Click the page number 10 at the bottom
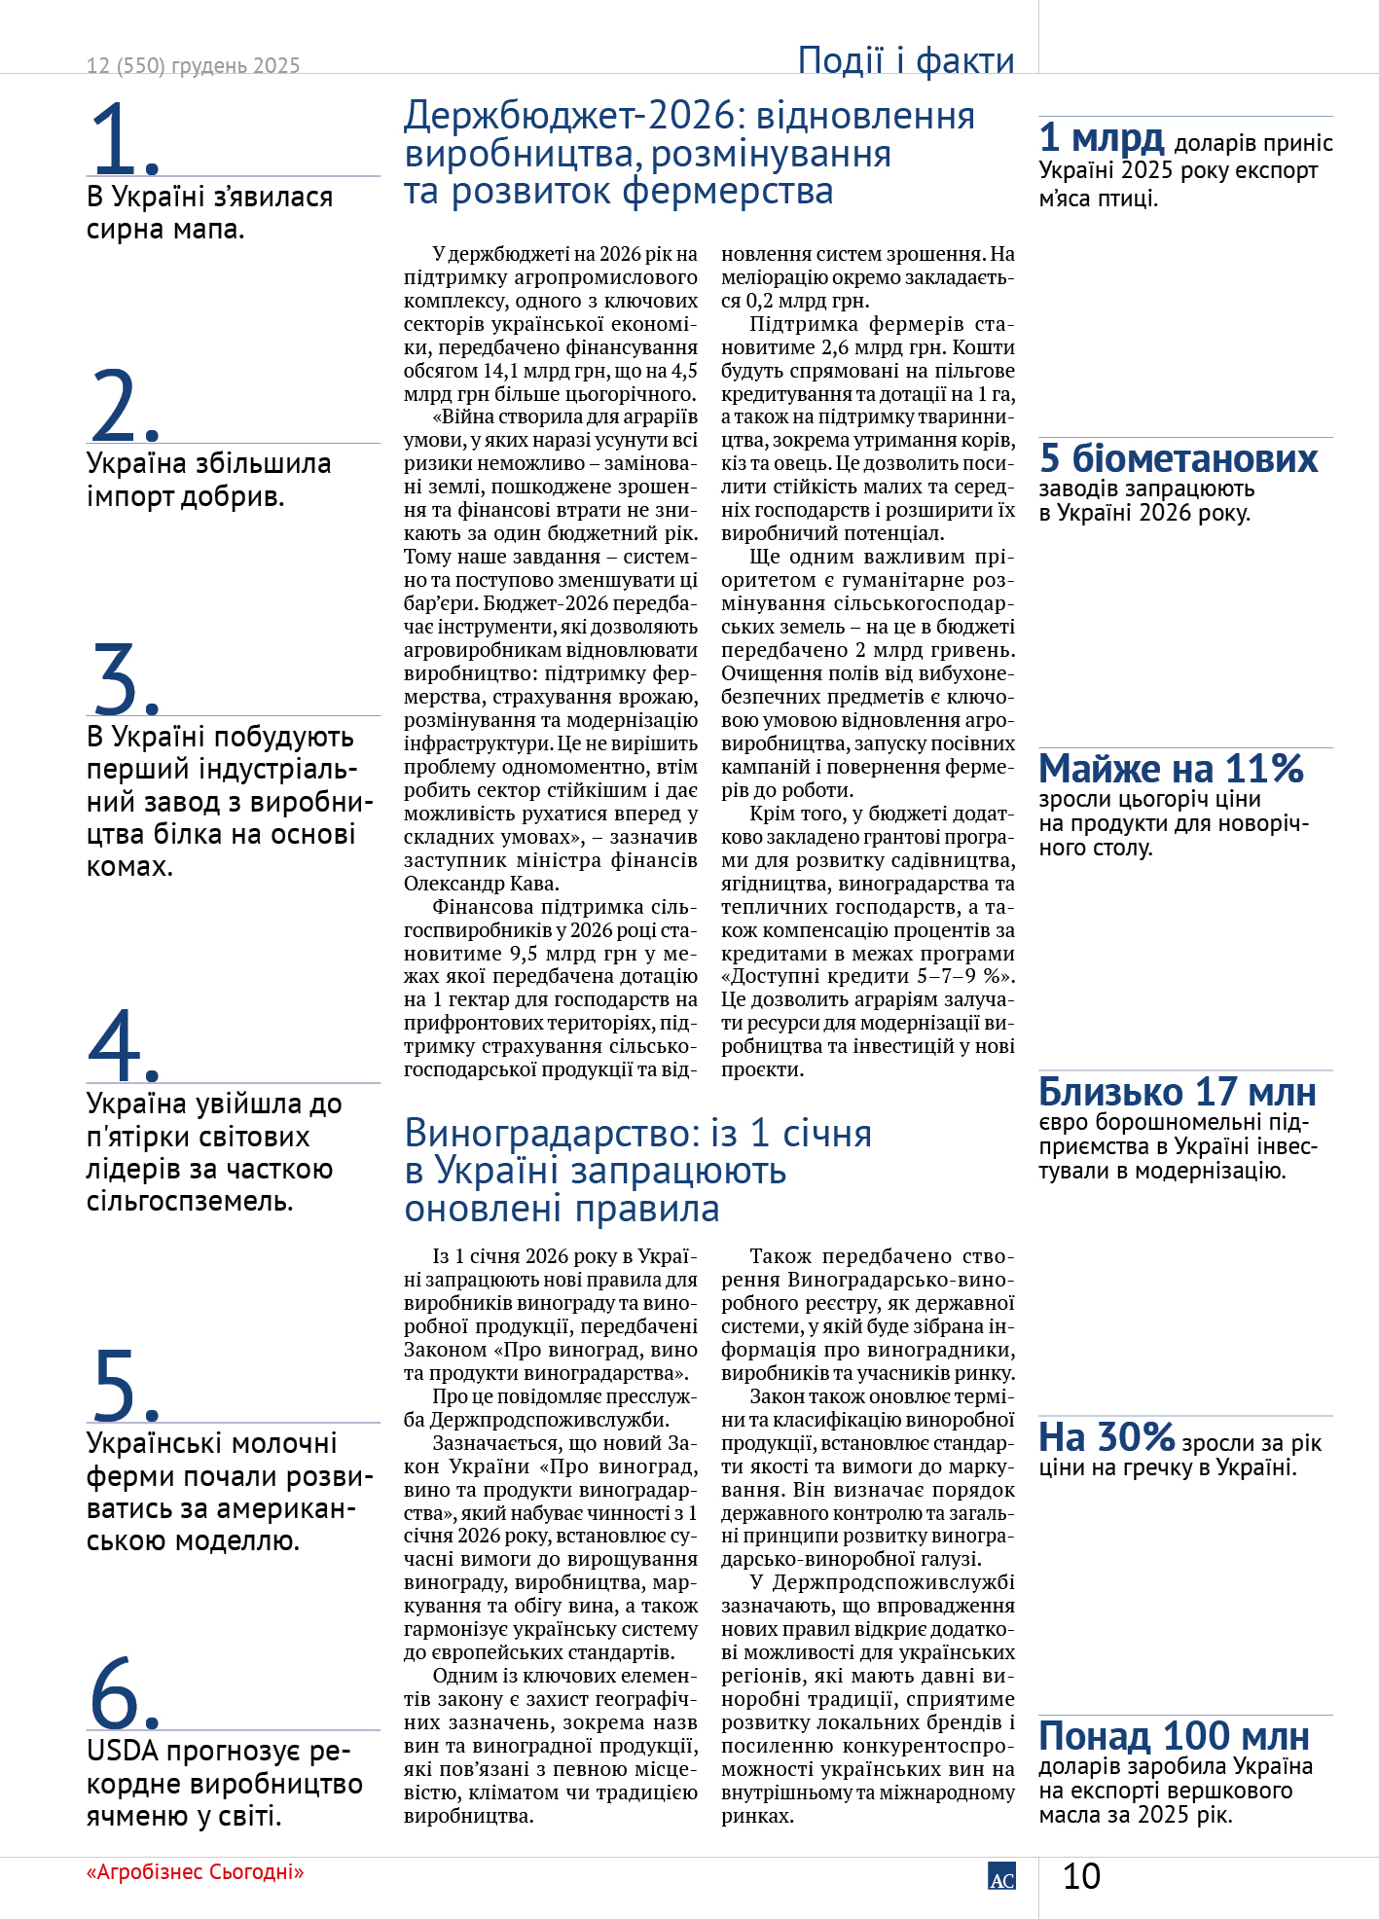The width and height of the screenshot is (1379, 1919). click(1081, 1876)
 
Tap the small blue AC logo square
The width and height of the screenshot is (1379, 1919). click(1001, 1876)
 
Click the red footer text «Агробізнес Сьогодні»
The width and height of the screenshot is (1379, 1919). click(195, 1872)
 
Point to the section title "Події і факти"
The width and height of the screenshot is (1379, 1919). click(906, 60)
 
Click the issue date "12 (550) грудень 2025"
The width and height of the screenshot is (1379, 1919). click(193, 66)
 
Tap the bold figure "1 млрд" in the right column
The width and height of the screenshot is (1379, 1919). click(1101, 138)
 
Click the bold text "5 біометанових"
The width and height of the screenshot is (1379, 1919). click(1179, 458)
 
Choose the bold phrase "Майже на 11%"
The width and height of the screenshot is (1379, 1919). click(1171, 769)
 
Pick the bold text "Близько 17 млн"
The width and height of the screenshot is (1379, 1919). click(1177, 1092)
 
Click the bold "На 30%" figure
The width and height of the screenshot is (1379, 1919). click(1107, 1437)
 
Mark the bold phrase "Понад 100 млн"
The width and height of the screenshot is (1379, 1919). click(1174, 1736)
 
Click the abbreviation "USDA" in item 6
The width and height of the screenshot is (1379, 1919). click(122, 1752)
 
